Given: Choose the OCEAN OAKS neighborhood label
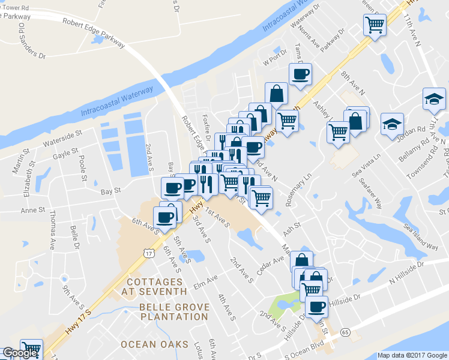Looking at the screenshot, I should tap(151, 344).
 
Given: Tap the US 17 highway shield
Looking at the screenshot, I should tap(147, 254).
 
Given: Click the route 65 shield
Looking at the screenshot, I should tap(345, 332).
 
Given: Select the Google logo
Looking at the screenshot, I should tap(19, 353).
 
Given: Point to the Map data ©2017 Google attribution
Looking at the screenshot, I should tap(412, 355).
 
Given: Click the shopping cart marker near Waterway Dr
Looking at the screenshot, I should tap(375, 25).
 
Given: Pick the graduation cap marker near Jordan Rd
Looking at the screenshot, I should tap(393, 124).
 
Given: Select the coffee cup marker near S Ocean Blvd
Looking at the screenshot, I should tap(316, 307).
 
